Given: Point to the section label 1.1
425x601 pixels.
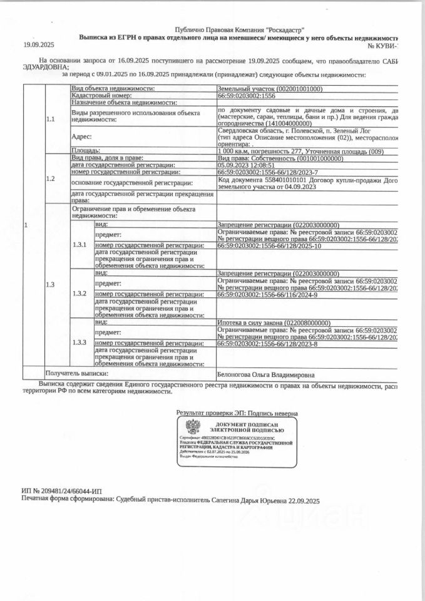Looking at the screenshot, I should click(51, 118).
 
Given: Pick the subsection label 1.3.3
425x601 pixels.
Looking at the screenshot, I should click(79, 342).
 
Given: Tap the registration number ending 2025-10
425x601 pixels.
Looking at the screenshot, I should click(269, 264).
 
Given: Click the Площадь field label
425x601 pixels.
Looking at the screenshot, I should click(86, 152).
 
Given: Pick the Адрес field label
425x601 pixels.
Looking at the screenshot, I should click(82, 136).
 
